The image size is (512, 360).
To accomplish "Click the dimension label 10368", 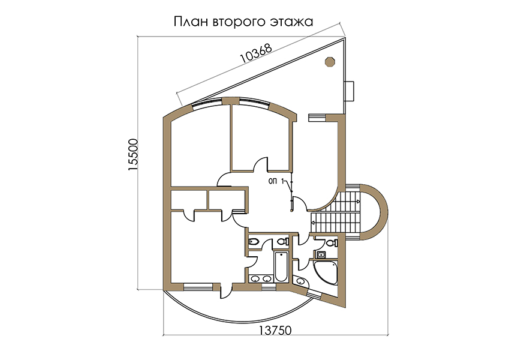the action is click(x=255, y=53).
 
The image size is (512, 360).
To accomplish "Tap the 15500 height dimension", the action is click(x=133, y=155).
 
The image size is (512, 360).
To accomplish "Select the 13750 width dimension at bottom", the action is click(x=275, y=330).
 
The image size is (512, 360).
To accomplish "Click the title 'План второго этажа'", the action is click(x=243, y=22).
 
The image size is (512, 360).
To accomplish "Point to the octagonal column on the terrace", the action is click(x=330, y=62).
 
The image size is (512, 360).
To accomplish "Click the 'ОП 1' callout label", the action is click(x=276, y=181).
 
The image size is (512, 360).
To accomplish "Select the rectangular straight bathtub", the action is click(x=281, y=266).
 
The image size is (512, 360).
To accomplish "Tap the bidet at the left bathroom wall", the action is click(x=254, y=242).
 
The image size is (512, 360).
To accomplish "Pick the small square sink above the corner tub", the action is click(x=321, y=254).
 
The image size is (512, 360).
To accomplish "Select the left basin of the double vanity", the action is click(x=255, y=278).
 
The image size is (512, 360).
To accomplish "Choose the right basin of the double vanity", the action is click(x=267, y=278).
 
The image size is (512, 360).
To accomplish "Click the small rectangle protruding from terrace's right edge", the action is click(x=350, y=91).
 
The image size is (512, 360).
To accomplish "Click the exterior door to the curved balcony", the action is click(x=226, y=290).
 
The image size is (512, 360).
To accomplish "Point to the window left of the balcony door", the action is click(x=198, y=287).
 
